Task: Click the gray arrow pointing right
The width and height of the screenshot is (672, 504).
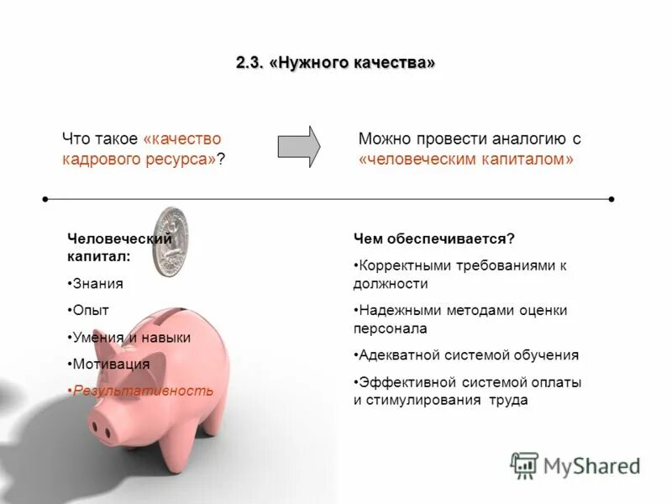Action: point(299,146)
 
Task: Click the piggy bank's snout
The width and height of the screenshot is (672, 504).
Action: point(106,425)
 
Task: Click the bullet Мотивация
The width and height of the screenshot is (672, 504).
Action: point(111,364)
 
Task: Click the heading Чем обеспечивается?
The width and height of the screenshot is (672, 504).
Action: point(433,239)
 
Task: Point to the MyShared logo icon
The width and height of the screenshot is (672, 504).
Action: point(524,465)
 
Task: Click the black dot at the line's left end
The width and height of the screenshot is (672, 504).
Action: point(45,199)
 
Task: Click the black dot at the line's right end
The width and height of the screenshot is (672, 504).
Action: point(612,199)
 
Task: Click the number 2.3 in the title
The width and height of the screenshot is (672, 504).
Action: point(249,64)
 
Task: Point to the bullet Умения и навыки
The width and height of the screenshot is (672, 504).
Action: point(131,337)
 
